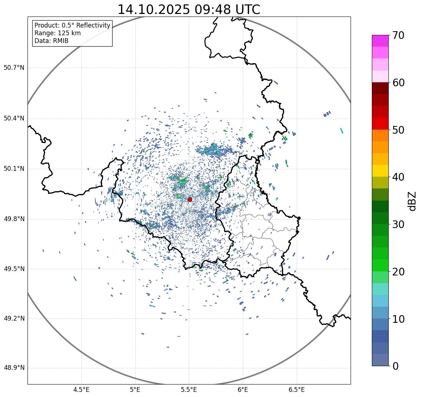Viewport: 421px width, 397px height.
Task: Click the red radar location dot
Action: pyautogui.click(x=190, y=199)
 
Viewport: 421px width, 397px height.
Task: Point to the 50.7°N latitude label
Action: pyautogui.click(x=14, y=68)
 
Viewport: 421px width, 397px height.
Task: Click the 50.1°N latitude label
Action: pyautogui.click(x=14, y=169)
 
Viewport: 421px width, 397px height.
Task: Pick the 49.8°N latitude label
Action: pyautogui.click(x=14, y=219)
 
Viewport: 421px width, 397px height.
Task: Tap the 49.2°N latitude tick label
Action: pyautogui.click(x=14, y=318)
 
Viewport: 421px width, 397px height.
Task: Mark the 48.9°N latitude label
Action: pyautogui.click(x=14, y=368)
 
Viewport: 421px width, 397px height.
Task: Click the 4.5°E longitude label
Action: pyautogui.click(x=81, y=390)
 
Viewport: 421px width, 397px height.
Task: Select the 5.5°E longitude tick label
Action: pyautogui.click(x=189, y=390)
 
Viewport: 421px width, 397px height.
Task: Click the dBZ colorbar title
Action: pyautogui.click(x=413, y=201)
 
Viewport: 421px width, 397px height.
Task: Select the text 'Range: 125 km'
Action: pyautogui.click(x=58, y=33)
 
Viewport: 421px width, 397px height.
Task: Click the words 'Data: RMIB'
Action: pyautogui.click(x=51, y=41)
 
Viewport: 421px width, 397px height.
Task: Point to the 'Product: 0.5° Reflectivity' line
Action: pyautogui.click(x=72, y=25)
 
